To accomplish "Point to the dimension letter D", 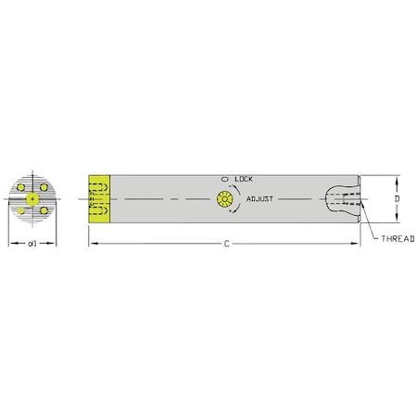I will pos(398,198).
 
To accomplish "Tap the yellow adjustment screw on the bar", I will pos(223,199).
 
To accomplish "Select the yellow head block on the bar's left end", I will pos(99,198).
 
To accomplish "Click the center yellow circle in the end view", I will pos(32,198).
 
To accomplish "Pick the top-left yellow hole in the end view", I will pos(21,188).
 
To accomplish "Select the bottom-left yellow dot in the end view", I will pos(21,210).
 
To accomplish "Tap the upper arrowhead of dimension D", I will pos(398,179).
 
